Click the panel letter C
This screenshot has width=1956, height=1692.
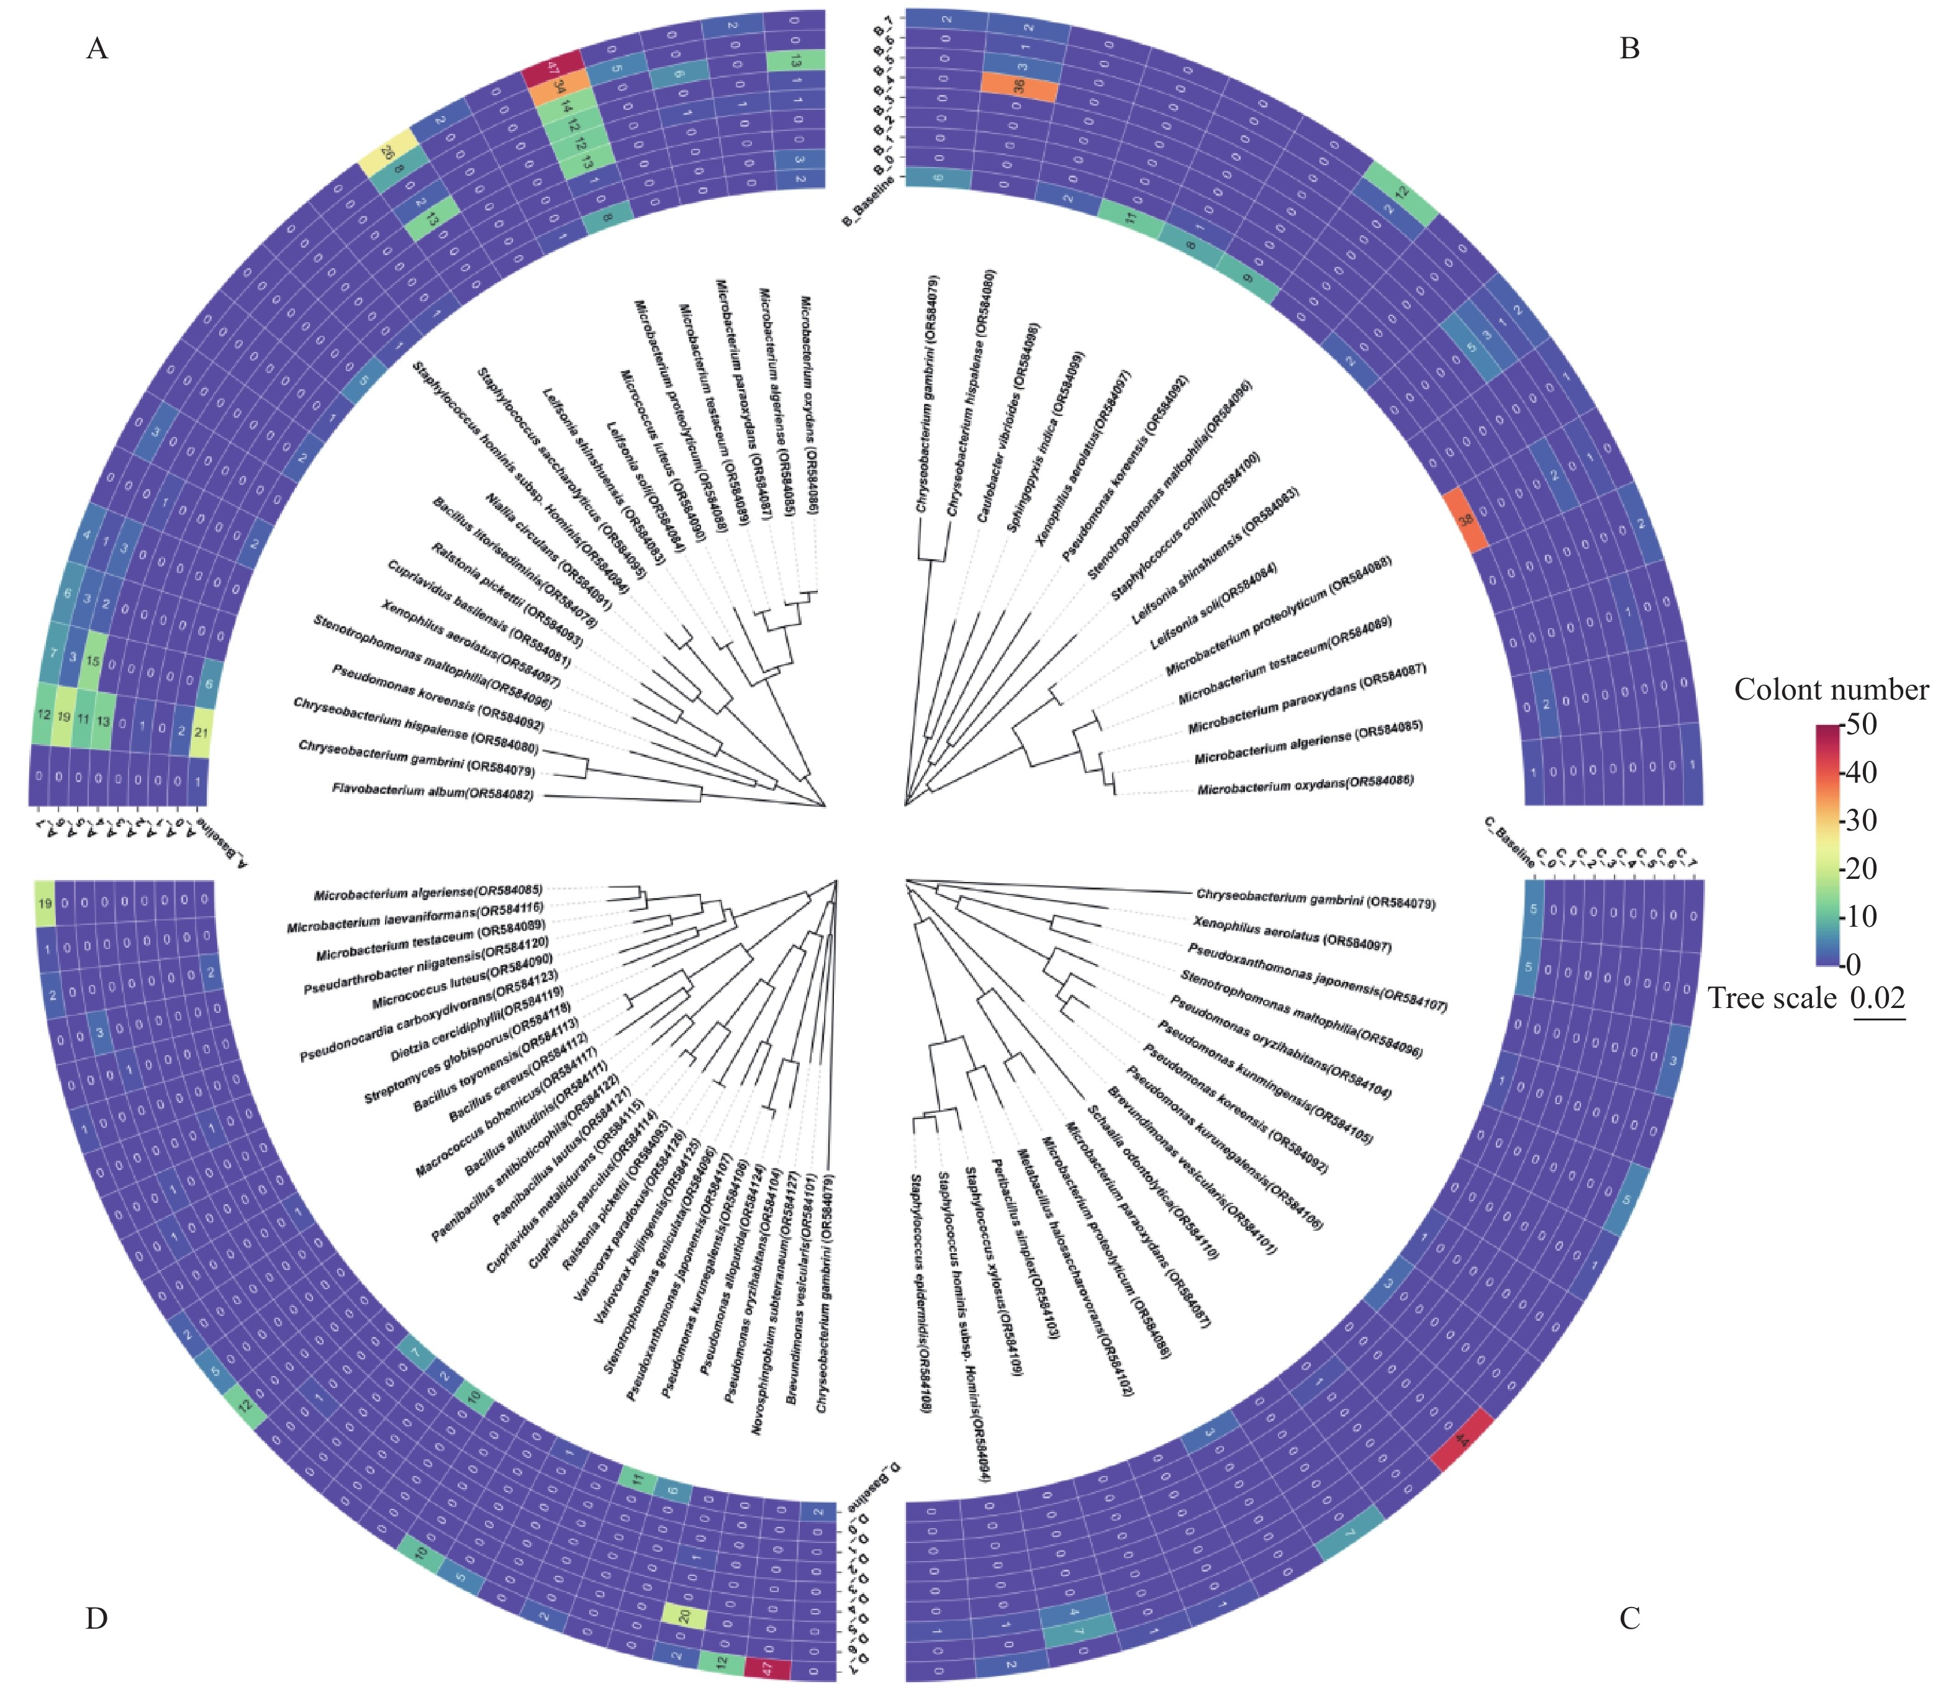tap(1629, 1619)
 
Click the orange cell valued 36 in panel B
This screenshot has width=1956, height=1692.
tap(1018, 86)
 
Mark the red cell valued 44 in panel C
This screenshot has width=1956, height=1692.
tap(1462, 1441)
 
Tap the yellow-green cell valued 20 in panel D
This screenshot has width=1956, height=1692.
tap(685, 1616)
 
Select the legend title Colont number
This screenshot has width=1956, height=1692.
tap(1831, 690)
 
